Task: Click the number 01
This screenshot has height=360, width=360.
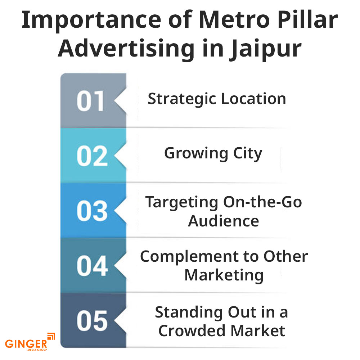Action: click(90, 101)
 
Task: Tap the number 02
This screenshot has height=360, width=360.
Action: click(92, 156)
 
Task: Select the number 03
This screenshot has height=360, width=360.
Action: click(92, 211)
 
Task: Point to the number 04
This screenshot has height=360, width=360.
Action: click(92, 266)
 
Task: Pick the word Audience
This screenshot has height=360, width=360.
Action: click(223, 221)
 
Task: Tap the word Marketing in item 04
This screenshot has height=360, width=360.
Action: click(224, 275)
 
